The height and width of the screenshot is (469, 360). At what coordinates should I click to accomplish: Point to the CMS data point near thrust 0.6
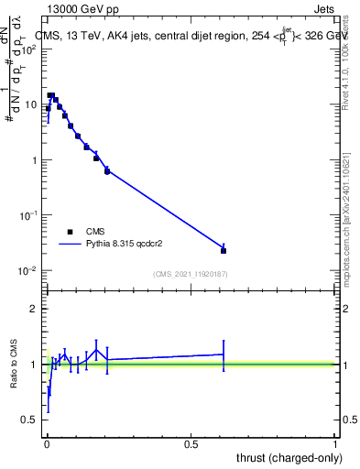click(224, 250)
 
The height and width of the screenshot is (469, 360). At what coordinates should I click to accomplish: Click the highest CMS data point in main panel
click(51, 95)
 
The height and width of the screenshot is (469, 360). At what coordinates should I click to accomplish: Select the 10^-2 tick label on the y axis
click(26, 271)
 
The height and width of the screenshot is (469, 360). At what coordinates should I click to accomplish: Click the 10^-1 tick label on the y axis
click(26, 215)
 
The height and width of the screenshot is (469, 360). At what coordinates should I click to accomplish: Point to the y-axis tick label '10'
click(29, 104)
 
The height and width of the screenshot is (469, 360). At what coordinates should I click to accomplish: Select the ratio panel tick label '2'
click(36, 310)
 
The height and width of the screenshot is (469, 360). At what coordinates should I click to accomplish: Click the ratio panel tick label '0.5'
click(31, 420)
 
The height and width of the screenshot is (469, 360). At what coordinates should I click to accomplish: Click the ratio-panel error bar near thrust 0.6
click(224, 354)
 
